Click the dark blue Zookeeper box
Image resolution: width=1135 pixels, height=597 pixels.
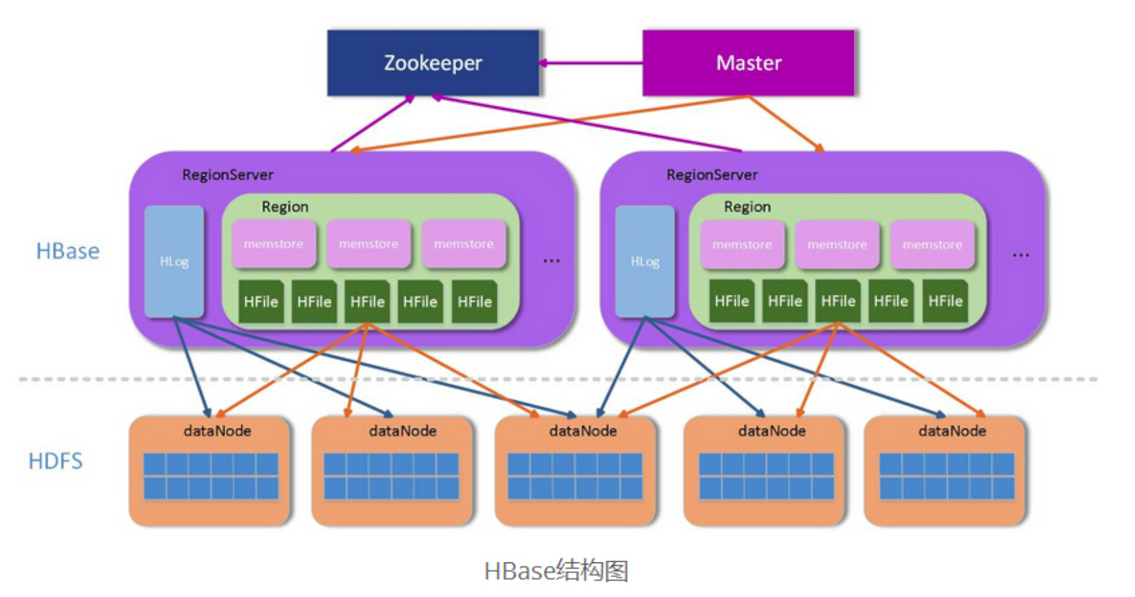(x=433, y=63)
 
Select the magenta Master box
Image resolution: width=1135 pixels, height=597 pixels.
(x=749, y=63)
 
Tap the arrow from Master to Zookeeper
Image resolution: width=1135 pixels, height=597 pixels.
(x=591, y=63)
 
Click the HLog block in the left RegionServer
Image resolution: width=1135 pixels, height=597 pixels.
(x=174, y=261)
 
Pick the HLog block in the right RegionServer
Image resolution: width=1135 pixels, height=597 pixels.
(x=645, y=261)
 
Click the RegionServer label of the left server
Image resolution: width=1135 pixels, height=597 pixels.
(x=227, y=175)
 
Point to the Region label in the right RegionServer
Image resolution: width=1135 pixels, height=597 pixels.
(x=747, y=207)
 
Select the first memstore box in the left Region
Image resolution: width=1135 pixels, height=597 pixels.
(x=274, y=243)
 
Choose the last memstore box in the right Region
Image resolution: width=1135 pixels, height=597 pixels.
(x=932, y=244)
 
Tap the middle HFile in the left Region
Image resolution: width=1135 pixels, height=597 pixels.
(x=367, y=301)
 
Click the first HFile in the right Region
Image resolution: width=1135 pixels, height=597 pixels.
(x=732, y=301)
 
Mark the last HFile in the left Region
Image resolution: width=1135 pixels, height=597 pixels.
(x=474, y=301)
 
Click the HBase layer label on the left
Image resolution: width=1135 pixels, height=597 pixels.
(x=68, y=251)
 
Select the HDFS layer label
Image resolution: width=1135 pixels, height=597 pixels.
(x=56, y=461)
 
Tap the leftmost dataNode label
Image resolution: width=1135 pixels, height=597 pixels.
(x=217, y=431)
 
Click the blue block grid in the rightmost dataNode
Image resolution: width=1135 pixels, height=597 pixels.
(x=946, y=476)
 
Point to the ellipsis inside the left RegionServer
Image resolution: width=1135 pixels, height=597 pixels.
(x=552, y=260)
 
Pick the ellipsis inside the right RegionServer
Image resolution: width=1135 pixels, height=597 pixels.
(x=1020, y=255)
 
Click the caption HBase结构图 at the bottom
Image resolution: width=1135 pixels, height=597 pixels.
(x=556, y=571)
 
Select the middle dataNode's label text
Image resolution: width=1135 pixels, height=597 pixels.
(x=583, y=431)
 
